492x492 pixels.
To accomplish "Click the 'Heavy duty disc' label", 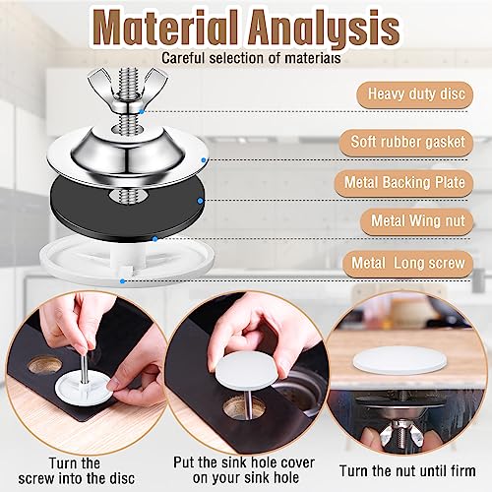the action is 415,94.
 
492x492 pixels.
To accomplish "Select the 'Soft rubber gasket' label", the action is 406,143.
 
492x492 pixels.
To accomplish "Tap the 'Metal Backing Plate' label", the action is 404,183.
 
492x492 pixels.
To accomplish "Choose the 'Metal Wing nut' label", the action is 417,221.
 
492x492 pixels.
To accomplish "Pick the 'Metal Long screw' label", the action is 408,264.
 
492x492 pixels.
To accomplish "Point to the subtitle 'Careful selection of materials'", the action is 251,58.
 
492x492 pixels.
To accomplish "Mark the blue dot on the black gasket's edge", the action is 200,201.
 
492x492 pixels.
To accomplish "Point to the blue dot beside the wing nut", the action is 142,111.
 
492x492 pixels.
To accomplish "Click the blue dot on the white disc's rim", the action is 122,281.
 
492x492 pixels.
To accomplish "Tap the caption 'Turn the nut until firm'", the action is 407,471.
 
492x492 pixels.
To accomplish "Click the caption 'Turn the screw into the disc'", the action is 76,471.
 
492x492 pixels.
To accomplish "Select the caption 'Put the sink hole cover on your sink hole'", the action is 244,470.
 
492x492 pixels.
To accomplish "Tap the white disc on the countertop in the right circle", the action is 400,360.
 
